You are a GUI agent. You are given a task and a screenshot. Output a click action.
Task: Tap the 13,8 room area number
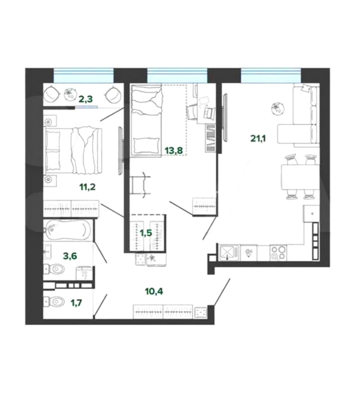point(174,150)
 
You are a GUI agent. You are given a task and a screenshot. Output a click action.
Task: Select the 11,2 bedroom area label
point(87,187)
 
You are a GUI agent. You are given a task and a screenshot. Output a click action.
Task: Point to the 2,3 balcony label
point(85,99)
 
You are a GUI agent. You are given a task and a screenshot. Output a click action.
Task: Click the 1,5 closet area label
point(146,232)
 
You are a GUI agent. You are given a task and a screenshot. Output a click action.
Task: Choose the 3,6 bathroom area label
point(70,255)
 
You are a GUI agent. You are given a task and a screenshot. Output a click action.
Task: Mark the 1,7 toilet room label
point(77,303)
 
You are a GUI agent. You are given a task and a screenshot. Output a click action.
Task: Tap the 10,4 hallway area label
point(154,291)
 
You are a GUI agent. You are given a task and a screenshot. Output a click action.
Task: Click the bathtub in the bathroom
point(67,230)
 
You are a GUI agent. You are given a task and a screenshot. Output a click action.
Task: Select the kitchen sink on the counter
point(229,252)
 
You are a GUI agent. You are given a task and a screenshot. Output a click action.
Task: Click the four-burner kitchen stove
point(278,252)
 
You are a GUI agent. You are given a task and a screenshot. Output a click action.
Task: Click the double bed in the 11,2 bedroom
point(73,150)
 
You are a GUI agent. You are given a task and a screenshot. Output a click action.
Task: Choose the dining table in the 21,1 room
point(300,177)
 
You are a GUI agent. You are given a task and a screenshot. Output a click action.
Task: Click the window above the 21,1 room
point(271,75)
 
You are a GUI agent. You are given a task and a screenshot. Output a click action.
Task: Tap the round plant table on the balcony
point(70,94)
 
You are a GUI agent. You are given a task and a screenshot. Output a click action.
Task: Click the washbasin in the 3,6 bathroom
point(47,251)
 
